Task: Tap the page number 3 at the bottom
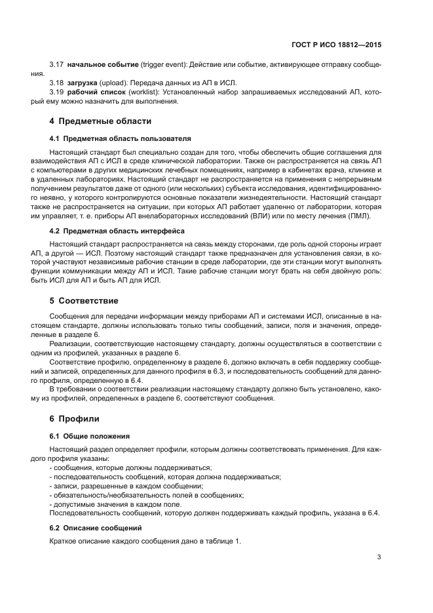tap(379, 558)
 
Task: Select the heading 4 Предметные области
tap(100, 121)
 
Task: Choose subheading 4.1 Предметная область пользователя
tap(121, 139)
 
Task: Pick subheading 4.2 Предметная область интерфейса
tap(117, 231)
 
